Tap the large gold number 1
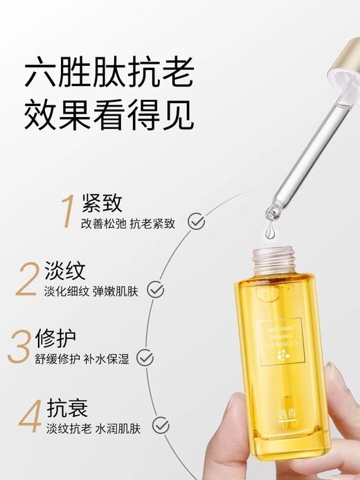pos(67,211)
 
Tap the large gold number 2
pos(28,279)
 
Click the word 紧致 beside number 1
pos(101,203)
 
